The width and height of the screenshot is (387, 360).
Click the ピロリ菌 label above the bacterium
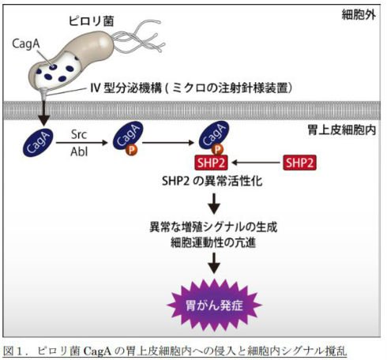[91, 21]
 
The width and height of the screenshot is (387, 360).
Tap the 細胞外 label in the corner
[359, 15]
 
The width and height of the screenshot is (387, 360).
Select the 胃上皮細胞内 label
[342, 130]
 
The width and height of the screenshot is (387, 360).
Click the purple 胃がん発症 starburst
[214, 306]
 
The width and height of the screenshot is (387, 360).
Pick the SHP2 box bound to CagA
[211, 163]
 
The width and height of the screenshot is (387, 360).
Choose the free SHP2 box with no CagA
[299, 163]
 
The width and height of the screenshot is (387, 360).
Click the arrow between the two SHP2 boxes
[256, 163]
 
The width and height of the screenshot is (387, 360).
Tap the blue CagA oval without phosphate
[38, 143]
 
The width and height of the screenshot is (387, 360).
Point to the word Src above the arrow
[79, 135]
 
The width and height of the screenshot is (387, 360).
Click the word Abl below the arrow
[79, 152]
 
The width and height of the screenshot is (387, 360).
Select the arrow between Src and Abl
[82, 143]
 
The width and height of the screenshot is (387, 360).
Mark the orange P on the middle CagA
[131, 150]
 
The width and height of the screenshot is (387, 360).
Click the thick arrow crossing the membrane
[44, 112]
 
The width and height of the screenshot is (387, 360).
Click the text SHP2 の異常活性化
[212, 182]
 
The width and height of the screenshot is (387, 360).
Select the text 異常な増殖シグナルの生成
[213, 227]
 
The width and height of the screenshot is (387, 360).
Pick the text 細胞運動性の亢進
[213, 242]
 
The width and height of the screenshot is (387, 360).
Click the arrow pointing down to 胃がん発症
[214, 263]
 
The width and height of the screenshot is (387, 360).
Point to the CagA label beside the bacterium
[26, 44]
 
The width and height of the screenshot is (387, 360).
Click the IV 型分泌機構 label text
[126, 88]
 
